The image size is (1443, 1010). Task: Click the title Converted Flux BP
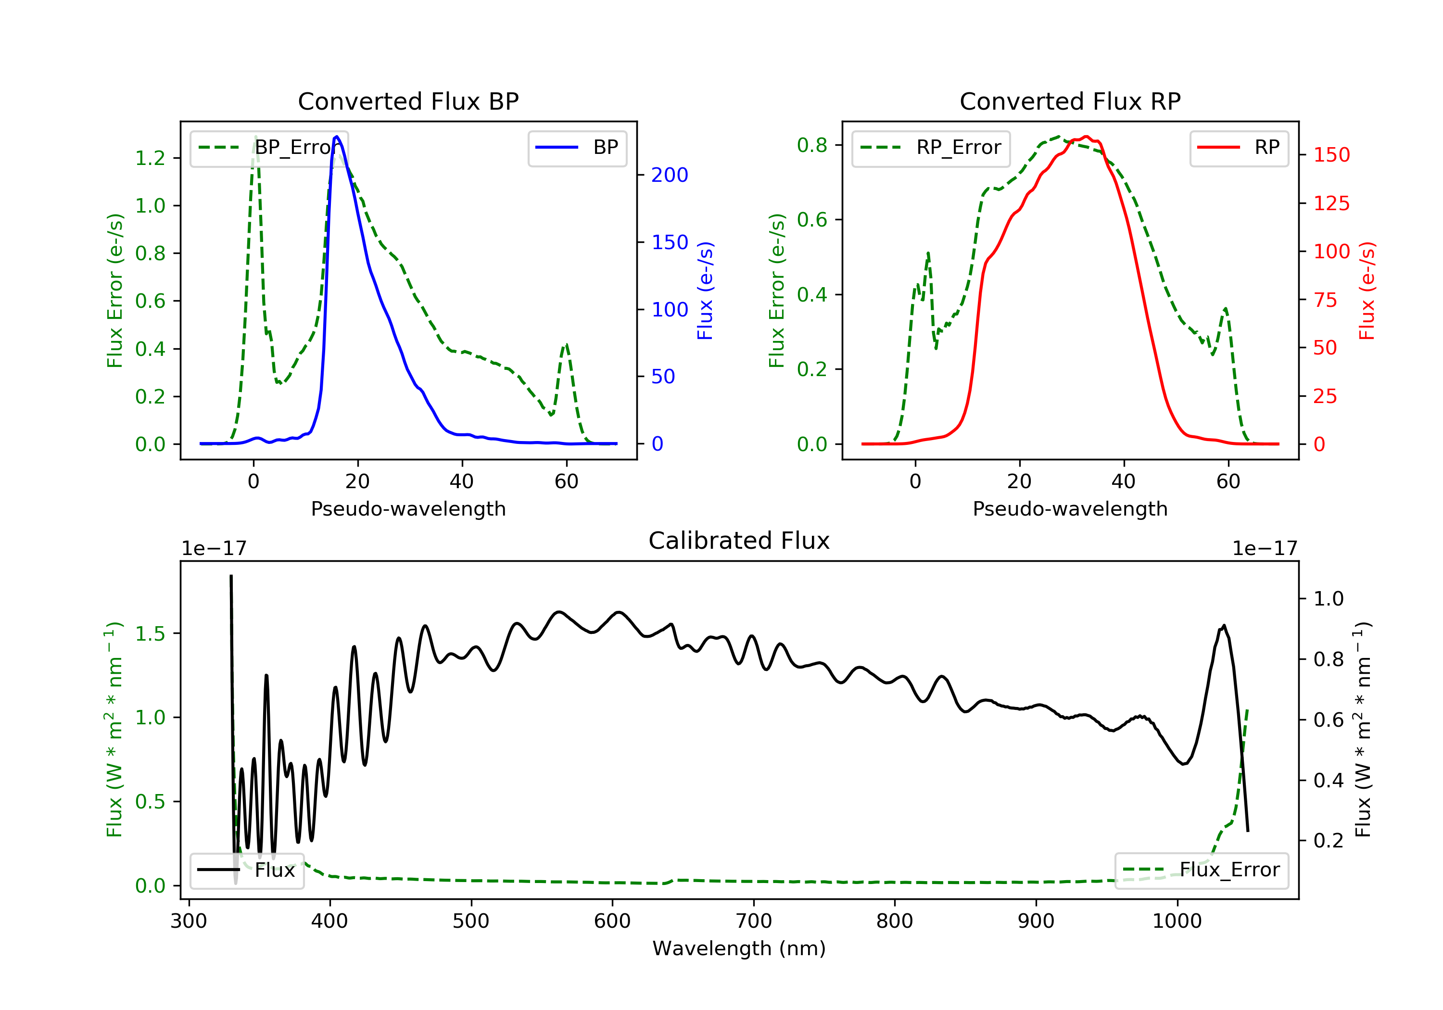click(x=408, y=101)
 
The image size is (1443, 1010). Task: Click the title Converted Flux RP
click(x=1070, y=101)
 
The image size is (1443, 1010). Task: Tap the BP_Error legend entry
click(x=269, y=148)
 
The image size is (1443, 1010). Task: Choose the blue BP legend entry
click(x=577, y=148)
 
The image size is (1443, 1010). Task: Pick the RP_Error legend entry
click(x=931, y=148)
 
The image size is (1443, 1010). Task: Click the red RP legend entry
click(x=1239, y=148)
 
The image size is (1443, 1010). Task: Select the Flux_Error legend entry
click(x=1201, y=870)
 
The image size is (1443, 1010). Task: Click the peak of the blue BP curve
click(x=337, y=137)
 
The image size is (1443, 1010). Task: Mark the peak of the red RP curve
click(x=1086, y=137)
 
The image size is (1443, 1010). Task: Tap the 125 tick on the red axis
click(x=1331, y=203)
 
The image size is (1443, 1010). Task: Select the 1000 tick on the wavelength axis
click(x=1177, y=922)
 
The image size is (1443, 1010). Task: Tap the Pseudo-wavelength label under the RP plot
click(x=1070, y=509)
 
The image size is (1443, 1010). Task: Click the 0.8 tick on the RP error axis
click(x=812, y=145)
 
